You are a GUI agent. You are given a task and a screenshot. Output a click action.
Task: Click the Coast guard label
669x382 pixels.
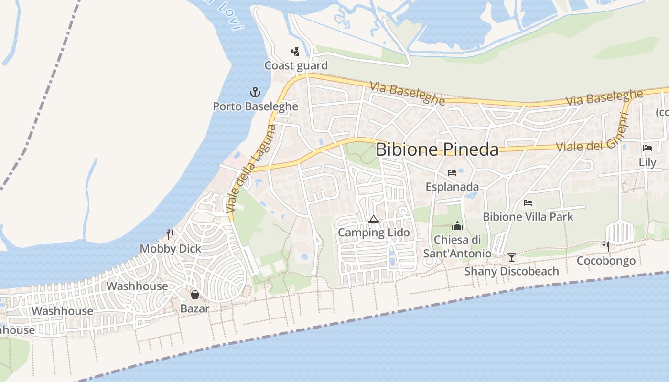click(296, 65)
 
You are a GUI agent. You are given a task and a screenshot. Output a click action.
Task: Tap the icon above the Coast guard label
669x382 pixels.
click(296, 51)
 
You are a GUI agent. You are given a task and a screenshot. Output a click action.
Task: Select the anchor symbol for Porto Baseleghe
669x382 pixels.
click(255, 92)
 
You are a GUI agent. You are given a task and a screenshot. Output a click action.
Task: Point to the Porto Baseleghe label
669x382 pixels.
click(255, 106)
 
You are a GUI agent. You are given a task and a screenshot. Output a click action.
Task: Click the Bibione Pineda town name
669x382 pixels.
click(437, 149)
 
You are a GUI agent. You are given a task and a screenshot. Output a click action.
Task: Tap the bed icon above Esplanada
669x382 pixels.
click(452, 172)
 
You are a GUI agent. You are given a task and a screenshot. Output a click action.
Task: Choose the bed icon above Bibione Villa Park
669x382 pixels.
click(528, 202)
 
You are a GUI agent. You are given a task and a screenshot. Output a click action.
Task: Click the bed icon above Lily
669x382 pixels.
click(647, 148)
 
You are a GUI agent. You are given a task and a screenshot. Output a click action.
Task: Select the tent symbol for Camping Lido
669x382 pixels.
click(374, 219)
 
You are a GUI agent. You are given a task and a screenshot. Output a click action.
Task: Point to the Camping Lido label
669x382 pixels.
click(374, 233)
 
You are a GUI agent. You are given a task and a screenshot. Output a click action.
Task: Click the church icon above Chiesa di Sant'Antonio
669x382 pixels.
click(457, 226)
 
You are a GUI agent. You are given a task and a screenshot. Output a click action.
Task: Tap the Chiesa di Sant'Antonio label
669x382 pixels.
click(457, 246)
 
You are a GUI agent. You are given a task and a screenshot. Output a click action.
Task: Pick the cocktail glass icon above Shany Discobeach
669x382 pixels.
click(512, 257)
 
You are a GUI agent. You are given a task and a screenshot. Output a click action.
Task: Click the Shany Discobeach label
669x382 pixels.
click(512, 271)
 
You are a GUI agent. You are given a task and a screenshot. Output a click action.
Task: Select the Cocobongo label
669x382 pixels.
click(606, 261)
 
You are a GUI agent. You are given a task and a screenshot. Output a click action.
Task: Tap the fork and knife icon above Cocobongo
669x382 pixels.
click(606, 246)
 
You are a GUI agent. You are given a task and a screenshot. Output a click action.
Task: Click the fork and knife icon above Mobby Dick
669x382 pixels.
click(170, 234)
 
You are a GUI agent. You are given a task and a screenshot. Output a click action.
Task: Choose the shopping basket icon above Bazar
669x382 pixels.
click(194, 294)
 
